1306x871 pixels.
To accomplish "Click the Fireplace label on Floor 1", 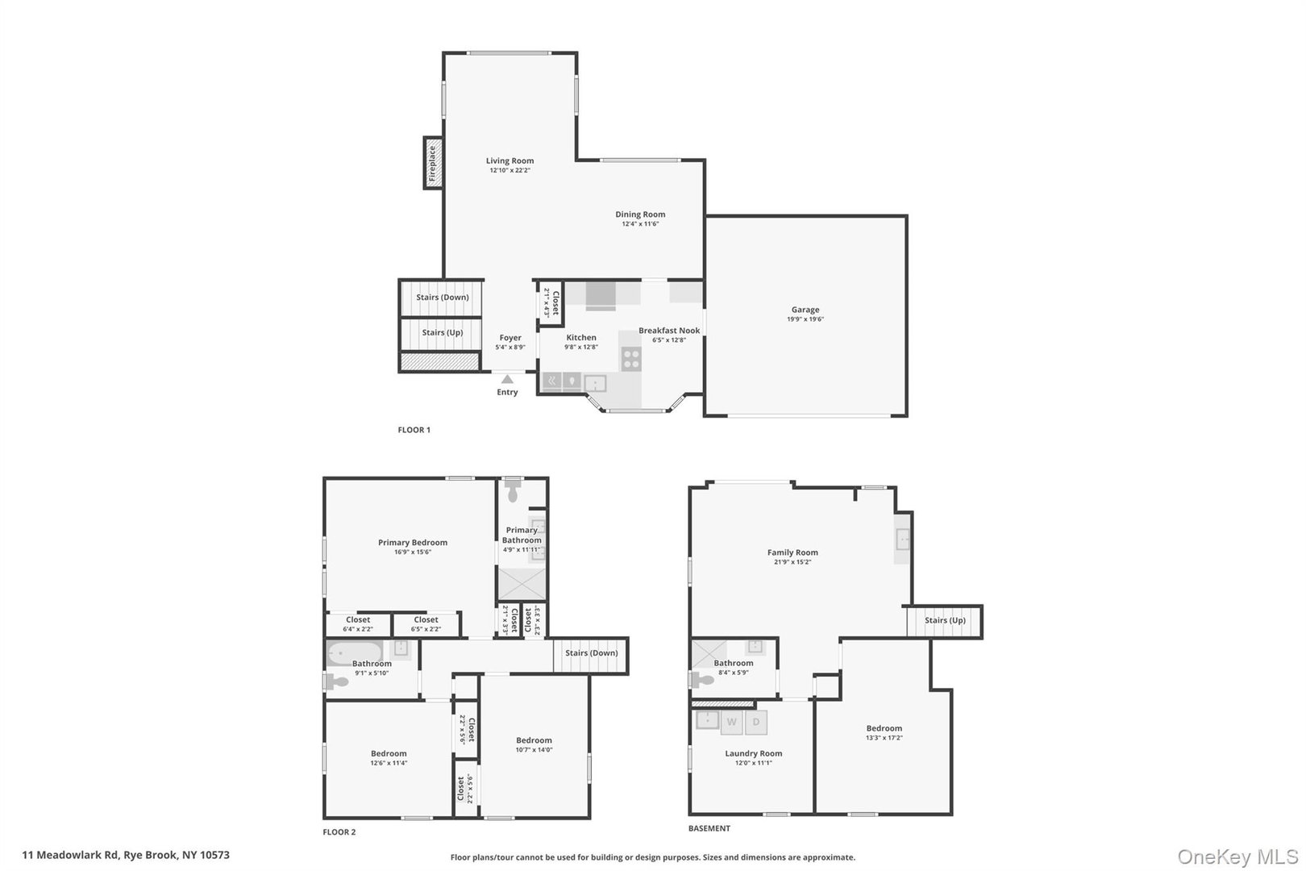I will pos(433,163).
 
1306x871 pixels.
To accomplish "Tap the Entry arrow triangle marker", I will pos(507,378).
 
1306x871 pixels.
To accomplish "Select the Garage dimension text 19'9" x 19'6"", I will pos(805,319).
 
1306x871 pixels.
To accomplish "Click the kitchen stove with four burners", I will pos(631,358).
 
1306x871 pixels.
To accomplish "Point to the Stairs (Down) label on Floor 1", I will pos(442,297).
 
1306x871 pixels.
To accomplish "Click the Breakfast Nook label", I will pos(669,331).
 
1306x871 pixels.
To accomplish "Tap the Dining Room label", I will pos(640,215).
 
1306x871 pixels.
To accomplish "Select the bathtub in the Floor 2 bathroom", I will pos(355,652).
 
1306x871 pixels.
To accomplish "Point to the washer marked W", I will pos(731,722).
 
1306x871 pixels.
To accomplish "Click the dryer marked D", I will pos(756,722).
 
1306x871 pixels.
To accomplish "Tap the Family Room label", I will pos(792,552).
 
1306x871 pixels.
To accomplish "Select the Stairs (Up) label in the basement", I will pos(945,620).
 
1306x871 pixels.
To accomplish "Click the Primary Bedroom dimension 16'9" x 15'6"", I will pos(413,552).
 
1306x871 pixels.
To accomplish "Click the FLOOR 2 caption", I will pos(339,832).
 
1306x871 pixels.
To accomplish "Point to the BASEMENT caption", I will pos(709,828).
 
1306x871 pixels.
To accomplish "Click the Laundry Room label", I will pos(753,753).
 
